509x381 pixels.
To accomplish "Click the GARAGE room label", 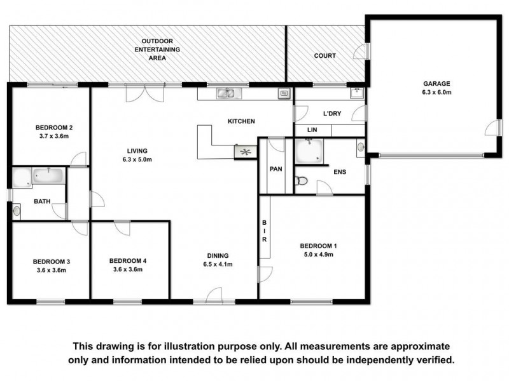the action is pos(436,84).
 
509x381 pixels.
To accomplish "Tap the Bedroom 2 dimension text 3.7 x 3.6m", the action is pos(54,136).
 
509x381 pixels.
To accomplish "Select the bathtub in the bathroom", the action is pos(49,176).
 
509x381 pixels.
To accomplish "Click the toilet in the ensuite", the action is pos(301,181).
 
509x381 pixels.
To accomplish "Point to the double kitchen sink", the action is pos(229,93).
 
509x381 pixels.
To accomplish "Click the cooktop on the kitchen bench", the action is pos(246,152).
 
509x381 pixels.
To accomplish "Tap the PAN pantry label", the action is pos(276,169).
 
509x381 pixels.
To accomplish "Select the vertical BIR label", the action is pos(264,231).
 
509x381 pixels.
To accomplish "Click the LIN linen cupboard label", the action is pos(312,130).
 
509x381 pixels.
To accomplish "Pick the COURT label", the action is pos(324,56).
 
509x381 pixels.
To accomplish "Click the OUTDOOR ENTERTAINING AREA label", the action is pos(157,50).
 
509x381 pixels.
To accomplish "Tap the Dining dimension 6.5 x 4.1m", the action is pos(218,264).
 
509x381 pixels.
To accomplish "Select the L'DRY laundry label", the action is pos(332,114).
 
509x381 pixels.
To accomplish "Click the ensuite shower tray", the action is pos(309,151).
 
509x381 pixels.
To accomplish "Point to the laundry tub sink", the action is pos(357,93).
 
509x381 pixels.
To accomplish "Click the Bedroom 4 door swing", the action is pos(123,228).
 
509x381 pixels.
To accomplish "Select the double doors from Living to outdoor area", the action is pos(145,93).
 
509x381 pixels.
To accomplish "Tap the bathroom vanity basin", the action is pos(17,211).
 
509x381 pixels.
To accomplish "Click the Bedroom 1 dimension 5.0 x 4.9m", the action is pos(319,255).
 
